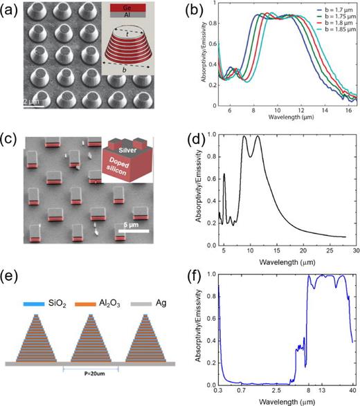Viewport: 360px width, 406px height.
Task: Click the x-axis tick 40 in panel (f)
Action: (x=353, y=393)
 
